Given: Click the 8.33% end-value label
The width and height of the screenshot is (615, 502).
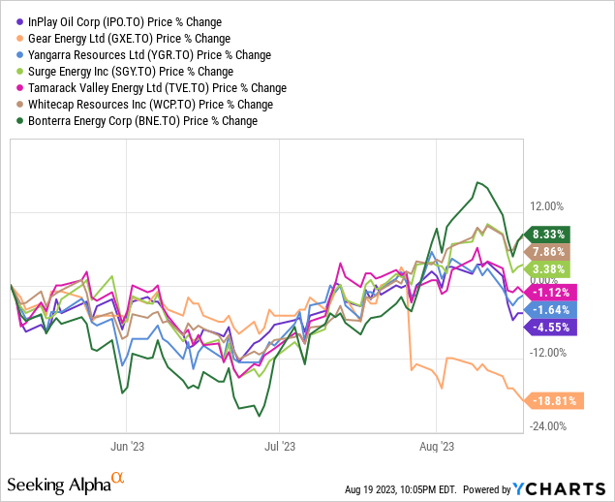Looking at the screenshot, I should [549, 235].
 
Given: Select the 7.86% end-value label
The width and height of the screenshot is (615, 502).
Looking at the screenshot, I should [549, 252].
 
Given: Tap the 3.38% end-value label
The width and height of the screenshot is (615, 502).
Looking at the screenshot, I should [549, 269].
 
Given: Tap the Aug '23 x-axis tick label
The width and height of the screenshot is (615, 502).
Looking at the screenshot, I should [438, 447].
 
